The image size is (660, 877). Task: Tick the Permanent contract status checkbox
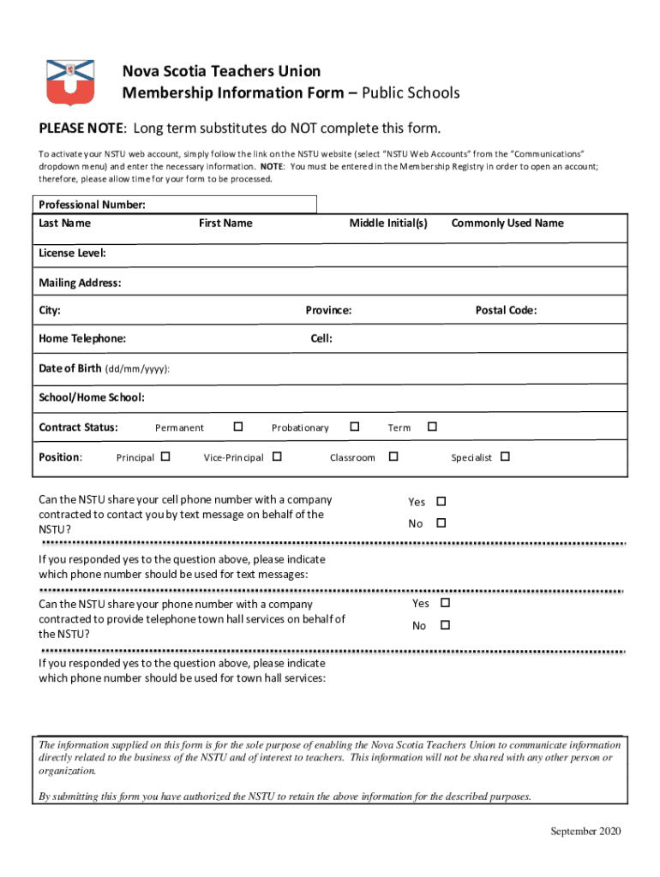click(238, 427)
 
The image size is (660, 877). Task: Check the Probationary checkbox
click(354, 427)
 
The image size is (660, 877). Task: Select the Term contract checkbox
click(432, 427)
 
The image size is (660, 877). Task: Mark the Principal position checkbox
click(165, 456)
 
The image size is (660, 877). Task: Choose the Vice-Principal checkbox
click(277, 456)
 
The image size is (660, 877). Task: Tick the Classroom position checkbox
click(393, 456)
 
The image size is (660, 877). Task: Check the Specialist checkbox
click(505, 456)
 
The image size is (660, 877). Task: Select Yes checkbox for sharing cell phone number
click(442, 501)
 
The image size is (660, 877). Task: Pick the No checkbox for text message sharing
click(442, 522)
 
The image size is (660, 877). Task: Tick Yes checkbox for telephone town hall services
click(445, 604)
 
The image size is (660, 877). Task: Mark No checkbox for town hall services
click(445, 625)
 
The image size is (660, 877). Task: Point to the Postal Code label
click(506, 310)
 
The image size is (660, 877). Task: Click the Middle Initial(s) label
click(387, 223)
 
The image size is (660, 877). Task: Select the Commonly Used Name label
click(507, 223)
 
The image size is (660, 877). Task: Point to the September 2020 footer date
click(585, 831)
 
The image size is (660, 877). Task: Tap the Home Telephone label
click(82, 338)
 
